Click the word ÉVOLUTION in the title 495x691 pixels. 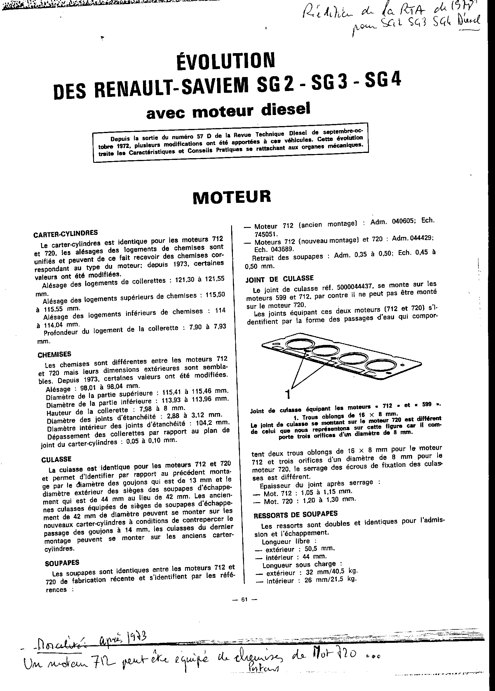pyautogui.click(x=225, y=60)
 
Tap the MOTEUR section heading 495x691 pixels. pyautogui.click(x=232, y=196)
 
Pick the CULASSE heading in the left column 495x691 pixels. pyautogui.click(x=56, y=459)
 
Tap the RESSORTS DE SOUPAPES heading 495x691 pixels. pyautogui.click(x=295, y=514)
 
